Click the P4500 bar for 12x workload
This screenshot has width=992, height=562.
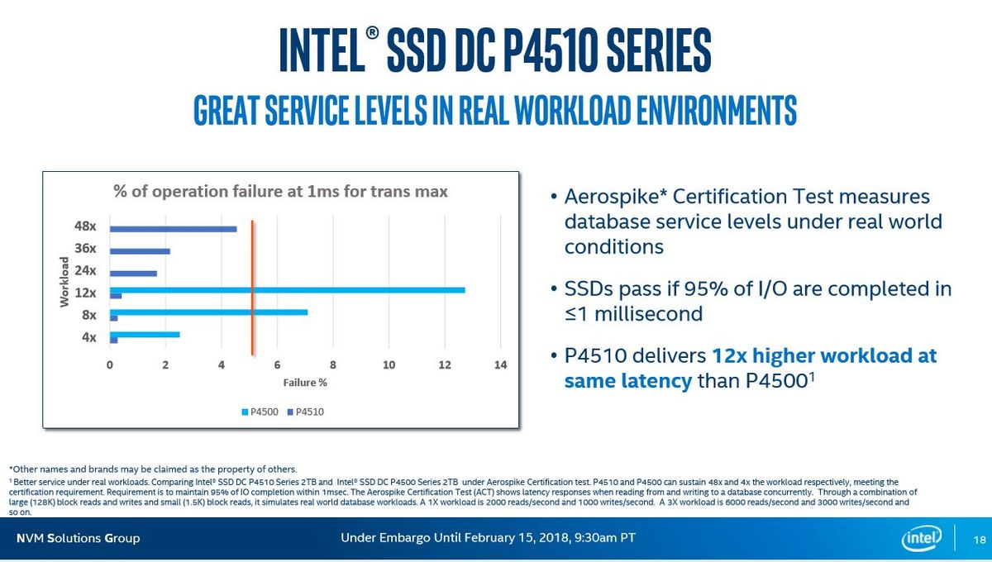pos(288,290)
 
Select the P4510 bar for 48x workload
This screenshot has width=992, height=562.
pos(174,229)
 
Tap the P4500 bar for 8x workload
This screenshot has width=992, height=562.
pos(209,312)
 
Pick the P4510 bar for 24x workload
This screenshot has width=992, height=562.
pos(133,274)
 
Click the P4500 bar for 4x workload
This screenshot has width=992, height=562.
pos(145,334)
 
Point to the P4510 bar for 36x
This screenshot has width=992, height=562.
pos(140,251)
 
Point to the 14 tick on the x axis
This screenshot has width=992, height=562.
pos(500,364)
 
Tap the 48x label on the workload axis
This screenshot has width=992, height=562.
pos(85,226)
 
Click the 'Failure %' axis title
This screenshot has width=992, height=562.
pos(305,382)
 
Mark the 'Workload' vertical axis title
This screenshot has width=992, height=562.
pos(64,282)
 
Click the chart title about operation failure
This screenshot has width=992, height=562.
pos(280,192)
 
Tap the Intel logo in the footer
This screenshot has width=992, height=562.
pos(923,538)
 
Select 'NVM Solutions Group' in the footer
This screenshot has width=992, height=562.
pos(79,538)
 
